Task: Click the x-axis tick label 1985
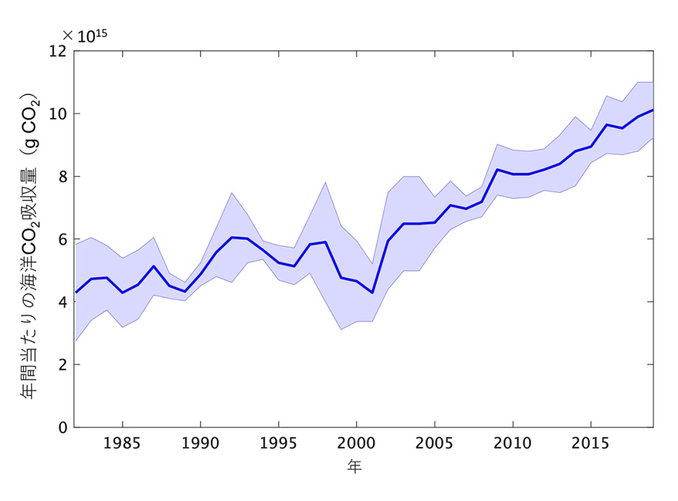pyautogui.click(x=122, y=444)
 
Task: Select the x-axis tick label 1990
pyautogui.click(x=200, y=444)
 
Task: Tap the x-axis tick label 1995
pyautogui.click(x=278, y=444)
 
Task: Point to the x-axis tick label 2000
pyautogui.click(x=356, y=444)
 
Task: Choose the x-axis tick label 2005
pyautogui.click(x=434, y=444)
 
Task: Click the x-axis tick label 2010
pyautogui.click(x=513, y=444)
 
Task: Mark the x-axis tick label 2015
pyautogui.click(x=591, y=444)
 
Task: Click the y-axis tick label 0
pyautogui.click(x=62, y=428)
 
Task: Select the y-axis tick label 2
pyautogui.click(x=62, y=365)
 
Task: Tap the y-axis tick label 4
pyautogui.click(x=62, y=302)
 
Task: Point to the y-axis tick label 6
pyautogui.click(x=62, y=239)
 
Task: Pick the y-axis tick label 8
pyautogui.click(x=62, y=176)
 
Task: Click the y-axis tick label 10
pyautogui.click(x=59, y=114)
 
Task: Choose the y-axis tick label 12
pyautogui.click(x=59, y=51)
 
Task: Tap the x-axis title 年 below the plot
pyautogui.click(x=355, y=466)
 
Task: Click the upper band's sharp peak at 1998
pyautogui.click(x=325, y=182)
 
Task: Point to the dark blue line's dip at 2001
pyautogui.click(x=372, y=293)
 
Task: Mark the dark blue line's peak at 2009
pyautogui.click(x=497, y=169)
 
